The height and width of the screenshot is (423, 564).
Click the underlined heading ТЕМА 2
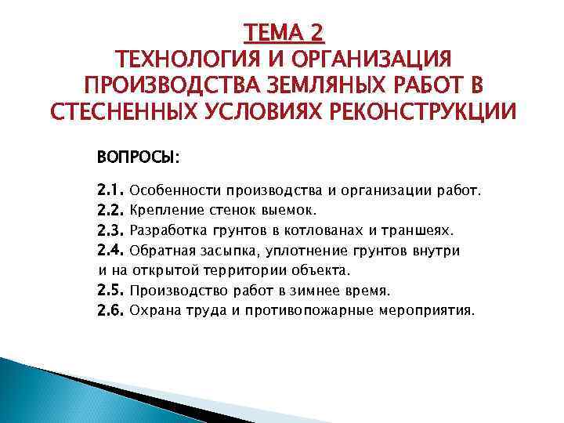[284, 34]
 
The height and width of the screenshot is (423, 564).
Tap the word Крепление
[166, 210]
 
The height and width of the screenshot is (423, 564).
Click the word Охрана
[154, 311]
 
